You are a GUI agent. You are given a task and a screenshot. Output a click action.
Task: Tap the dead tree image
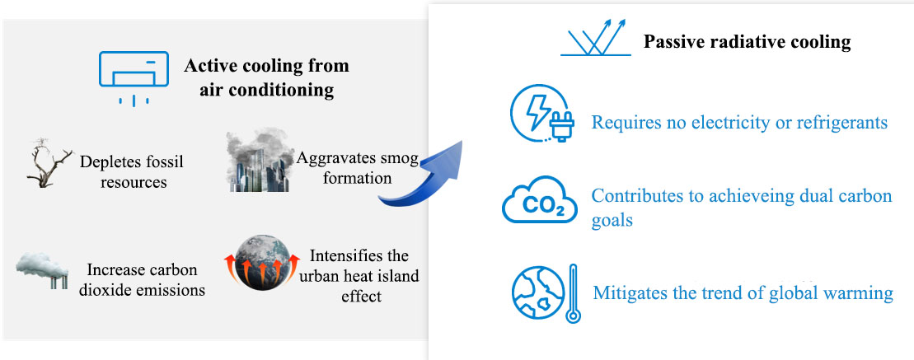click(49, 164)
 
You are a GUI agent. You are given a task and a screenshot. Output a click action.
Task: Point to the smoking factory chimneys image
click(42, 270)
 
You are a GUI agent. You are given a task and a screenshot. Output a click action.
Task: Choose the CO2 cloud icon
click(539, 200)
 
